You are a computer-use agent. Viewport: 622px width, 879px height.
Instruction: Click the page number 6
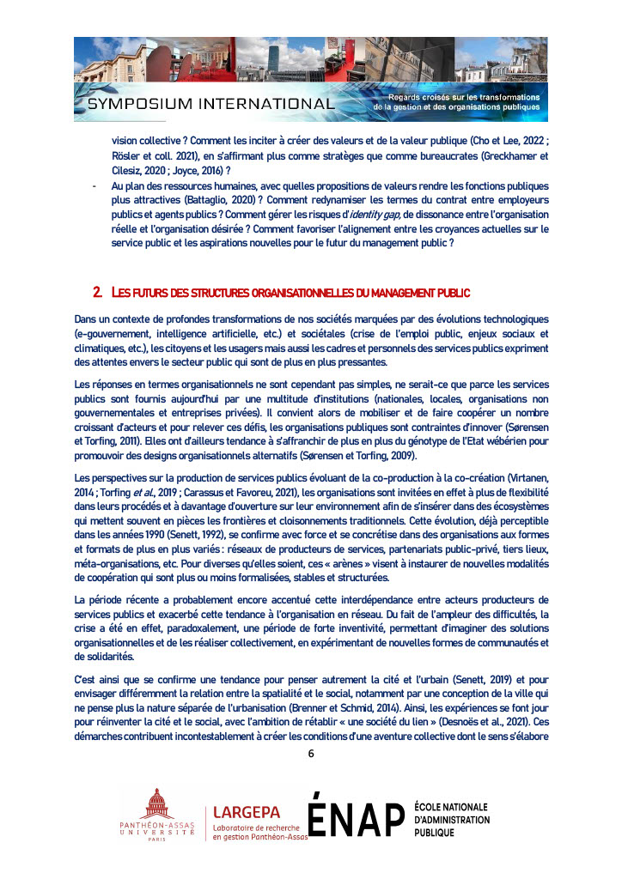(x=311, y=755)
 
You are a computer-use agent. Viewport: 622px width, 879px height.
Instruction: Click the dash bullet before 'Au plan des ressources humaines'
(x=93, y=185)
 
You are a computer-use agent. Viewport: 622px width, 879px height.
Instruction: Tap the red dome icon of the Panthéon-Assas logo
(x=157, y=807)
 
